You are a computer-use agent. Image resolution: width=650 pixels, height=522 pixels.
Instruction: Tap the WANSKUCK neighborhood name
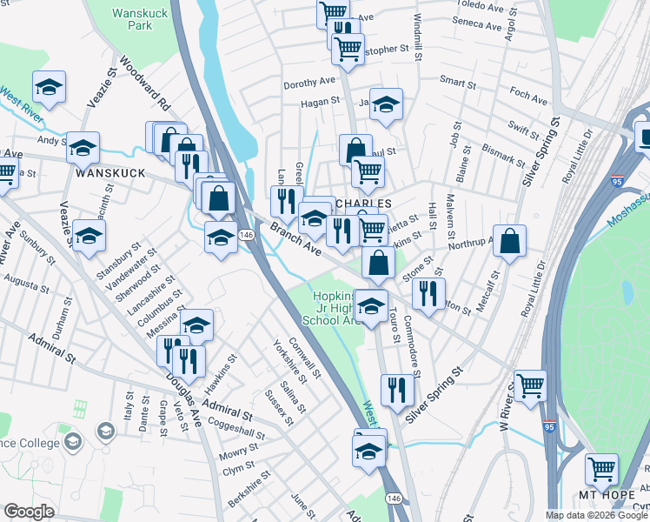click(x=107, y=173)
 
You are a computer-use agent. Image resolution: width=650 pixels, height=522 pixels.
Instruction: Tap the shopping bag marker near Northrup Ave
click(x=510, y=240)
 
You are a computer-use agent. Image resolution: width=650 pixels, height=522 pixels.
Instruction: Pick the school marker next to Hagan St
click(x=386, y=103)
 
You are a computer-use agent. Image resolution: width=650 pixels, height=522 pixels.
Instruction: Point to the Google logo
click(x=29, y=512)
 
